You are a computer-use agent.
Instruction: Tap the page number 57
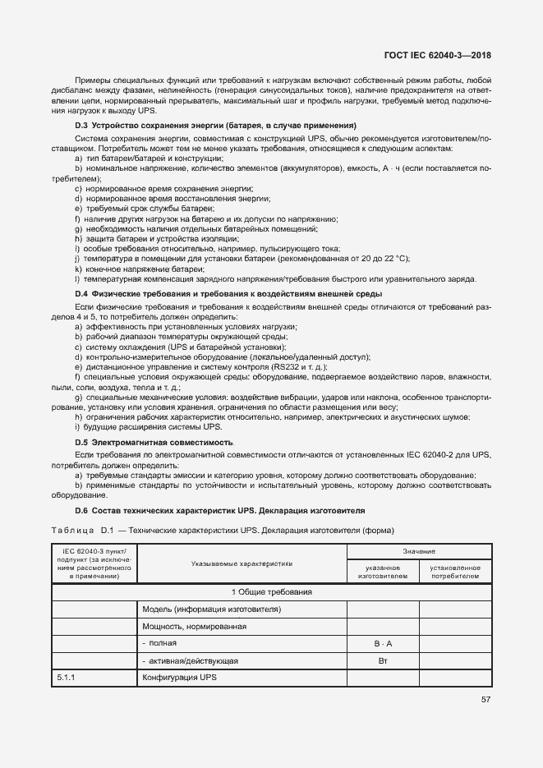pyautogui.click(x=485, y=700)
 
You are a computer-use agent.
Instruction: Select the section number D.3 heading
pyautogui.click(x=81, y=126)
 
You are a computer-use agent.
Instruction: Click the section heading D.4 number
pyautogui.click(x=81, y=294)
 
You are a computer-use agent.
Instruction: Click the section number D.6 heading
pyautogui.click(x=81, y=510)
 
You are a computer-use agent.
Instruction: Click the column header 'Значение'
pyautogui.click(x=419, y=552)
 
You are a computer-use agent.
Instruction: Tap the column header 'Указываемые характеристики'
pyautogui.click(x=242, y=564)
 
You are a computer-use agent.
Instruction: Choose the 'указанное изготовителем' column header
pyautogui.click(x=383, y=572)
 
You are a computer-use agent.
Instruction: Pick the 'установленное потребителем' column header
pyautogui.click(x=454, y=572)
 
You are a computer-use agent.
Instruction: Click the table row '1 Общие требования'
pyautogui.click(x=272, y=592)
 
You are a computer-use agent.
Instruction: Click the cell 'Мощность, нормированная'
pyautogui.click(x=195, y=627)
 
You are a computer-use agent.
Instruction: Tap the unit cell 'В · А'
pyautogui.click(x=383, y=644)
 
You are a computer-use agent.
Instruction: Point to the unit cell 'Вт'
pyautogui.click(x=383, y=661)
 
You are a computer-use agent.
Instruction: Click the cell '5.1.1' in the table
pyautogui.click(x=67, y=678)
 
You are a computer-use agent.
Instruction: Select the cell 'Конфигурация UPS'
pyautogui.click(x=179, y=678)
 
